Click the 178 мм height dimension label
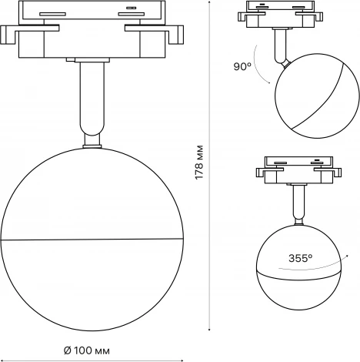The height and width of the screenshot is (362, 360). click(x=199, y=161)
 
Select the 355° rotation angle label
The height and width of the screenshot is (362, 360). click(x=300, y=259)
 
